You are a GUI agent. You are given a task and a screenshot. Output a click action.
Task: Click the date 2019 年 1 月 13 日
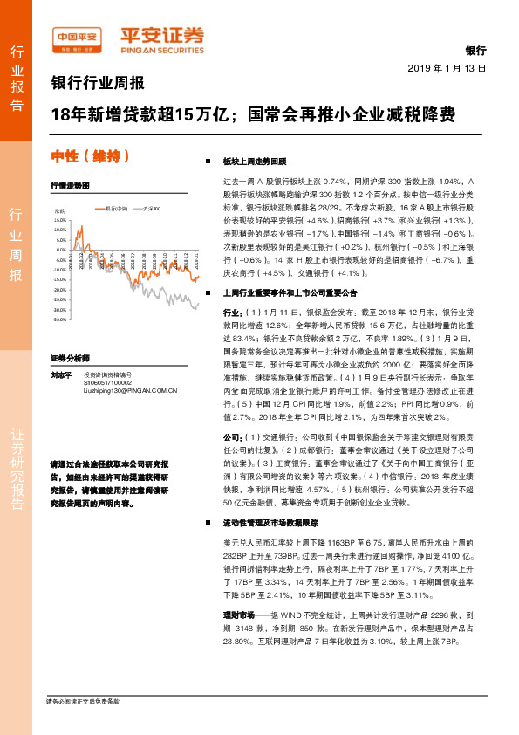447,67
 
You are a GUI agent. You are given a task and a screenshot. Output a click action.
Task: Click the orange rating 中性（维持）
91,157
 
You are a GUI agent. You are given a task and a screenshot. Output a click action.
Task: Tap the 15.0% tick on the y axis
60,220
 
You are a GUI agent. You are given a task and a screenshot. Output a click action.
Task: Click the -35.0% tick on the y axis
60,320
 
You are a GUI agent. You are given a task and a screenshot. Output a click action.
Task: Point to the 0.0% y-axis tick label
62,251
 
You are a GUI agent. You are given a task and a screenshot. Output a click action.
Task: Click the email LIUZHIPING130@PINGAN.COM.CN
125,390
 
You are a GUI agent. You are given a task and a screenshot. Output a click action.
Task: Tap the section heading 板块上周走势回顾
255,161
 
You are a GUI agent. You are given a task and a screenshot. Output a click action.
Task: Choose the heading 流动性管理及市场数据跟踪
275,523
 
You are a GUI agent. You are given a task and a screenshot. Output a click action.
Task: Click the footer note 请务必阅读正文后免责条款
82,701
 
